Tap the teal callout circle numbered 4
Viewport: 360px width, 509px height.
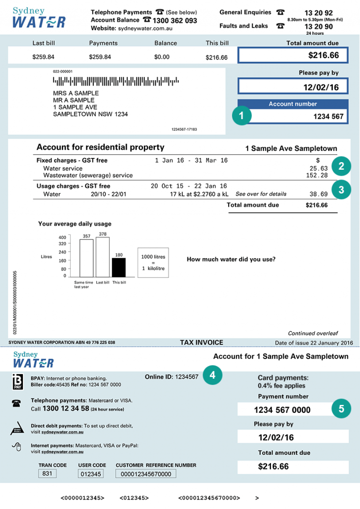213,375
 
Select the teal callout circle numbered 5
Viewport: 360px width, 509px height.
341,409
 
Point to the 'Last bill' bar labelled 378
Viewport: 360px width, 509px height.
103,257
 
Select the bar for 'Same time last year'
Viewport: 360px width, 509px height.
86,258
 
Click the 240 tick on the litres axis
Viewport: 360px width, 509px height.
62,252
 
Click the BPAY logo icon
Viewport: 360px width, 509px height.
16,382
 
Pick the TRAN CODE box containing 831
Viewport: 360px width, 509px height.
47,474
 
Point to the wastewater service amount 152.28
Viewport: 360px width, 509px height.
318,175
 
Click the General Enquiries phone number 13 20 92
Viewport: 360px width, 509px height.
319,13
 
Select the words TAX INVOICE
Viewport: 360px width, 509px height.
202,343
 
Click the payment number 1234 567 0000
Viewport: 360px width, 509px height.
282,410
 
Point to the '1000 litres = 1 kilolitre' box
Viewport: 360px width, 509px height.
153,263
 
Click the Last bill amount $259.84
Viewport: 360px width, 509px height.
44,57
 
